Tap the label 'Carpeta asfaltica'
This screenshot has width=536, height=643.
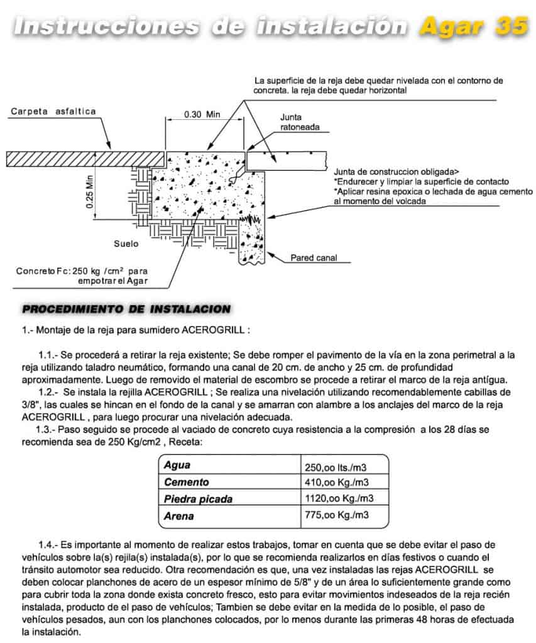coord(53,112)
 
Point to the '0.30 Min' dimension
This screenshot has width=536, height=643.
coord(202,115)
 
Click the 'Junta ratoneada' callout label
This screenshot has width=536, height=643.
coord(300,122)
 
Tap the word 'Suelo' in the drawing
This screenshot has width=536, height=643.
coord(126,243)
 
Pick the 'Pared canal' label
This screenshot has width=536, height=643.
coord(314,258)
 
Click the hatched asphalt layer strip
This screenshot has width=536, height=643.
coord(85,158)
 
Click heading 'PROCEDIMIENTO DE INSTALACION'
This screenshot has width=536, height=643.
coord(126,310)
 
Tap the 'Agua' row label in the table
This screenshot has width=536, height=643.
coord(177,466)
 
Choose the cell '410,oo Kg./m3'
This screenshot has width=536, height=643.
coord(336,483)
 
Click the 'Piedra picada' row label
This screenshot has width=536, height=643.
coord(198,500)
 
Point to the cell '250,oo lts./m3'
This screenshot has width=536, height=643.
coord(336,467)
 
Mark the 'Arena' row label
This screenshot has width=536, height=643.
coord(178,516)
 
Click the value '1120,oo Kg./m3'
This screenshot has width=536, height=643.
coord(339,499)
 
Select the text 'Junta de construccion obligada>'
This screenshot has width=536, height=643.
coord(397,171)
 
